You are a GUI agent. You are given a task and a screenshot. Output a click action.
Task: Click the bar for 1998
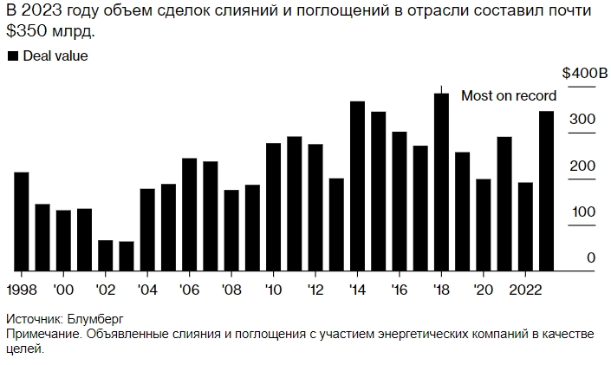tap(22, 221)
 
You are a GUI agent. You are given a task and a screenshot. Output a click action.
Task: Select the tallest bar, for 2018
tap(441, 182)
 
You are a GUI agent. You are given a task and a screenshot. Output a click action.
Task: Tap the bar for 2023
tap(546, 191)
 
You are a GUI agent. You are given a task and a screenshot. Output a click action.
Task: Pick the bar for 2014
tap(357, 186)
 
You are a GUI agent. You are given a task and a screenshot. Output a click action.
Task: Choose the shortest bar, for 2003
tap(127, 256)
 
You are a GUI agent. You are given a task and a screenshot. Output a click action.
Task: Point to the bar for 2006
tap(190, 214)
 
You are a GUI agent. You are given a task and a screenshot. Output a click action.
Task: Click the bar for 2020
tap(483, 225)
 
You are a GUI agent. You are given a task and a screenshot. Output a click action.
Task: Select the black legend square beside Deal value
tap(12, 56)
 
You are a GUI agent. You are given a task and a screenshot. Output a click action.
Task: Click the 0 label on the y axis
tap(590, 258)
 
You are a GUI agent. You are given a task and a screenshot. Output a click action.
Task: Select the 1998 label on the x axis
tap(22, 289)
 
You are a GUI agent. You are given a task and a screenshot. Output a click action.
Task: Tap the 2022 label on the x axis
tap(526, 289)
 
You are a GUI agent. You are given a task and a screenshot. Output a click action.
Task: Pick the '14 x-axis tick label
tap(357, 289)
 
